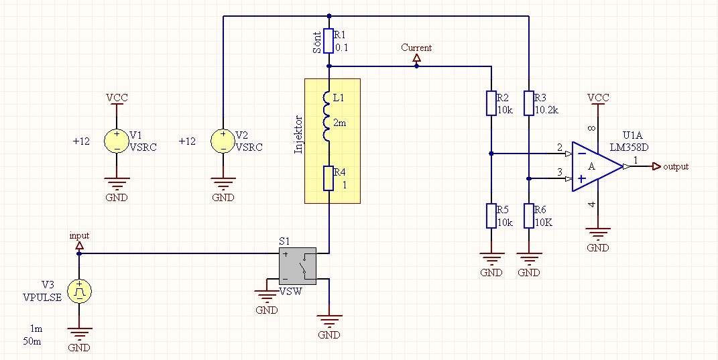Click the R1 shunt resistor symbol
[x=328, y=41]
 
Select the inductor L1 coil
[x=326, y=117]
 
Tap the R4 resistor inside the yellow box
[x=328, y=178]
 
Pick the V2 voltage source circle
[x=223, y=141]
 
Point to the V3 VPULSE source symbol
[x=79, y=291]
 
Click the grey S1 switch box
[x=298, y=266]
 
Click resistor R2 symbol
[x=491, y=103]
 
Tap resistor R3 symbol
[x=529, y=103]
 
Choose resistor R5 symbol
[x=491, y=216]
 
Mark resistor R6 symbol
[x=529, y=216]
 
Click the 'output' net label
[x=675, y=167]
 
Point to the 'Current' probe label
[x=416, y=48]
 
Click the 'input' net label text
[x=79, y=237]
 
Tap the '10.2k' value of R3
[x=547, y=111]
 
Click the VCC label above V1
[x=117, y=98]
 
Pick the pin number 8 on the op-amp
[x=591, y=128]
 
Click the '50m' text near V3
[x=32, y=341]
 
